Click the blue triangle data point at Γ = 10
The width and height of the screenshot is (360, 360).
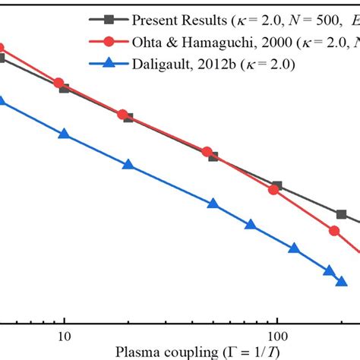65,134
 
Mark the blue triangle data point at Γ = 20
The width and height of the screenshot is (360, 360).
128,165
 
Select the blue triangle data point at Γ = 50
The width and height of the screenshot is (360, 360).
213,204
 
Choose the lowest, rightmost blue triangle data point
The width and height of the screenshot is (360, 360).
342,282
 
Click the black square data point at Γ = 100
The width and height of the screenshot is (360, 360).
277,186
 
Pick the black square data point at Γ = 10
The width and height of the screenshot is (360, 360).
65,89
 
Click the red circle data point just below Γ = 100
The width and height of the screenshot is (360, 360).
273,191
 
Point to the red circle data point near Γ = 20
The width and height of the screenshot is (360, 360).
123,115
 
